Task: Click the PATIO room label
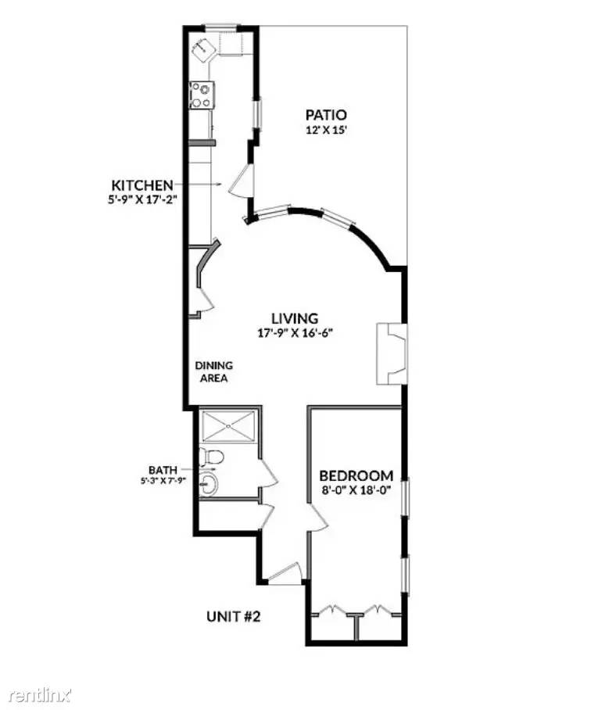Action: pos(326,115)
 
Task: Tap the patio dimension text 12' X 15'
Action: pos(326,131)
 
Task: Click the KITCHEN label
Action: pos(142,185)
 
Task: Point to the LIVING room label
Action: pos(295,318)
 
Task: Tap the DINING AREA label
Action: pos(213,371)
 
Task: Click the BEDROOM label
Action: pos(356,475)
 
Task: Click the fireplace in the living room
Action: pos(391,353)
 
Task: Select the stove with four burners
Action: pos(201,95)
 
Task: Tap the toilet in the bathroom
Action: pos(211,456)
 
